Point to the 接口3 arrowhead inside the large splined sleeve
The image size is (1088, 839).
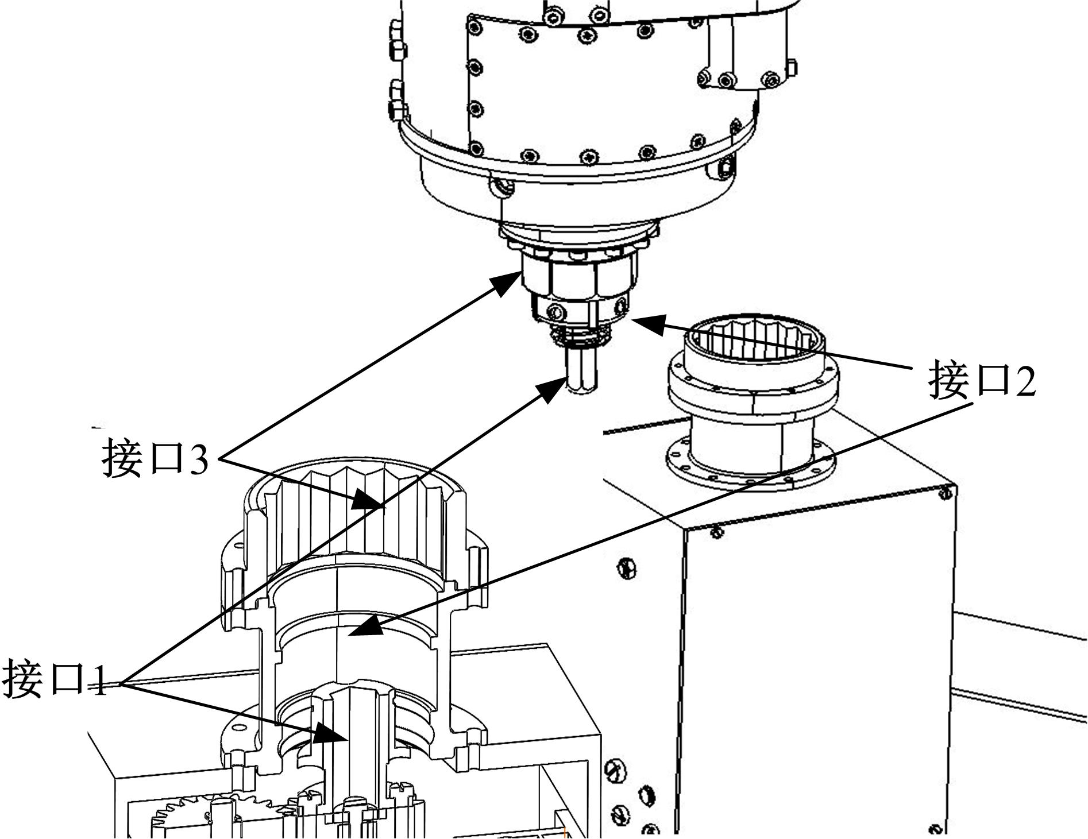point(366,498)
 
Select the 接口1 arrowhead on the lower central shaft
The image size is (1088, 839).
point(330,734)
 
